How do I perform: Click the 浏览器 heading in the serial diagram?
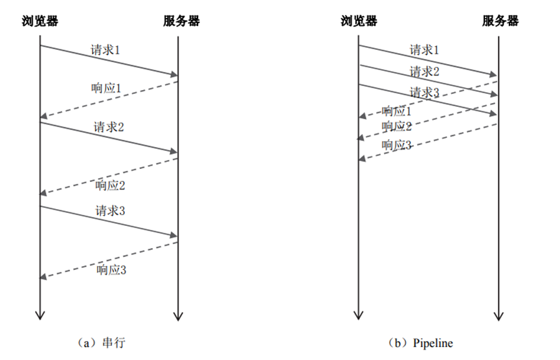coord(40,21)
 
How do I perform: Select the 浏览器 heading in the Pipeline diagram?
coord(359,21)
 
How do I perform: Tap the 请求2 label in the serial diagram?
coord(109,126)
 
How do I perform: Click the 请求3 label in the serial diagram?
coord(111,210)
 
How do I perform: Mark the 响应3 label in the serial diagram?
coord(111,269)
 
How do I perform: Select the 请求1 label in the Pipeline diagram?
coord(425,49)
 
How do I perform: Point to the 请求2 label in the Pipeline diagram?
coord(425,71)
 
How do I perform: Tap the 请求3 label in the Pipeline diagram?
coord(425,93)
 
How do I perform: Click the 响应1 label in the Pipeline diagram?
coord(397,111)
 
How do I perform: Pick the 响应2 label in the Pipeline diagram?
coord(397,126)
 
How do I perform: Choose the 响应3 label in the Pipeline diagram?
coord(397,145)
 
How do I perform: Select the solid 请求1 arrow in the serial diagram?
coord(108,61)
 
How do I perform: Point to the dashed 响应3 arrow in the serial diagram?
coord(108,260)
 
